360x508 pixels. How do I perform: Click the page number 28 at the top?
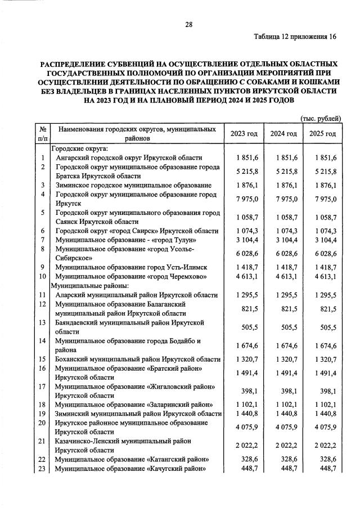[189, 24]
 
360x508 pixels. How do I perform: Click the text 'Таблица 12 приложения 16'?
[295, 37]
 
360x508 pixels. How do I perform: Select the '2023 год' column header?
[244, 133]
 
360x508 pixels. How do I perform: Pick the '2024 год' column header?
[283, 133]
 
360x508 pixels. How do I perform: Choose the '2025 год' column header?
[323, 133]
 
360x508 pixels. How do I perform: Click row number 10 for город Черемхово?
[42, 277]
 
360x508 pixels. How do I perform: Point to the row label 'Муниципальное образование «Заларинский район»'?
[133, 404]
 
